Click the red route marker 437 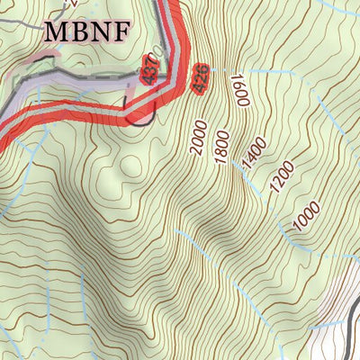149,72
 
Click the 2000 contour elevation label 200,138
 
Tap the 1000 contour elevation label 307,219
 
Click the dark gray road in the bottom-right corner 345,332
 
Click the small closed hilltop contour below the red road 128,167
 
